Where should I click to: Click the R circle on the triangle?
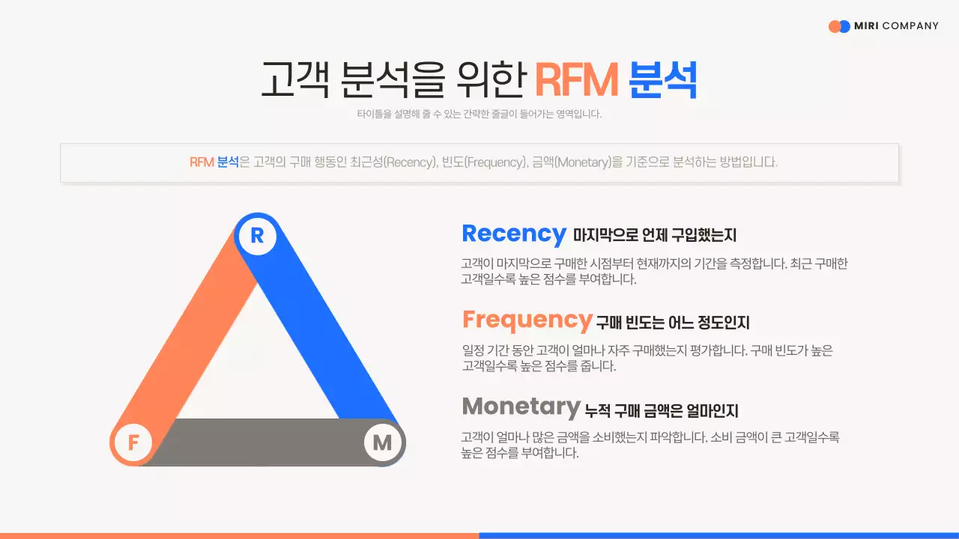257,237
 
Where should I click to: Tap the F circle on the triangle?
133,442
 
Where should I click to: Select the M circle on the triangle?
383,442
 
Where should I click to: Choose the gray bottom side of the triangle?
258,442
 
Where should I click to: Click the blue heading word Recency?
514,234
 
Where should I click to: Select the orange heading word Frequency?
527,320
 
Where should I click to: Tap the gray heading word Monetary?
521,406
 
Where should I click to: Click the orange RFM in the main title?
576,79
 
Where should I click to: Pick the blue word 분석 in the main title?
663,79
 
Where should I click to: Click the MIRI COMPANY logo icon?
839,26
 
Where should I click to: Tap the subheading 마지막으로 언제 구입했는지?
655,236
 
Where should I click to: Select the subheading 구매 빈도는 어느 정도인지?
673,323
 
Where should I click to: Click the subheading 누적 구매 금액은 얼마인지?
662,410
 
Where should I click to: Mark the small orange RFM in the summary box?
202,162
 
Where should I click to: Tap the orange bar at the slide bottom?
240,535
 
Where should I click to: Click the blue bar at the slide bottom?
719,535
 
